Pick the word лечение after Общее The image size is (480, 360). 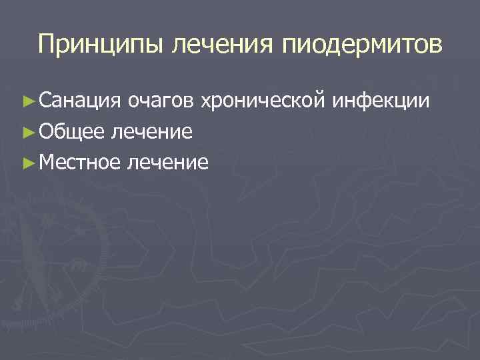153,131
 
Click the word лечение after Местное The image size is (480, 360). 170,162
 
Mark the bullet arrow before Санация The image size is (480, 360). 27,101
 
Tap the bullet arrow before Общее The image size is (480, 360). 27,132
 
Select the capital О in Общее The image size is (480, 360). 45,131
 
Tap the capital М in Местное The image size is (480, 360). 46,162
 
